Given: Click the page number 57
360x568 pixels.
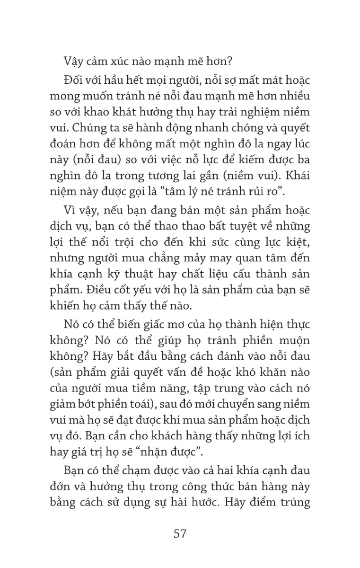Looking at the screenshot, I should coord(180,533).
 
